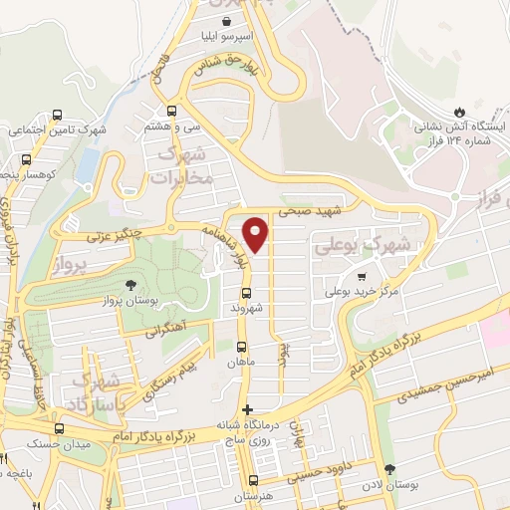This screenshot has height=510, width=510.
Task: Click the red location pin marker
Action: click(x=257, y=234)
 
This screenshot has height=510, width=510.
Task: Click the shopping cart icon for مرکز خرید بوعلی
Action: click(x=362, y=276)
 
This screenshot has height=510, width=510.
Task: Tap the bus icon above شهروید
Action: click(x=246, y=293)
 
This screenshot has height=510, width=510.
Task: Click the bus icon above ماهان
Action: click(x=241, y=348)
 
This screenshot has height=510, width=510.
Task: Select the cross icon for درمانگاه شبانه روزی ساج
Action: click(x=248, y=409)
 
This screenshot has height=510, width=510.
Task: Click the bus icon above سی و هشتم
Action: click(x=171, y=112)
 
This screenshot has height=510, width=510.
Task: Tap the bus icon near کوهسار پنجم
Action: click(x=26, y=158)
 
